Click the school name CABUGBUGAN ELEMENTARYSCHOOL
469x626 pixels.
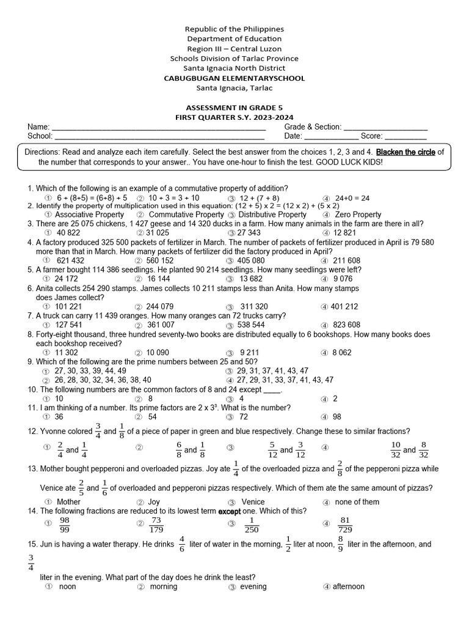(235, 78)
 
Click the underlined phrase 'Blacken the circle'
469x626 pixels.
(405, 152)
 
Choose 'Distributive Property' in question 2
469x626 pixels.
(272, 215)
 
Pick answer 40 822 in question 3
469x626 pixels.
(68, 233)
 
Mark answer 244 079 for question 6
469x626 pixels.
(160, 306)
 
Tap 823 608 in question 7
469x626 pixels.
(346, 325)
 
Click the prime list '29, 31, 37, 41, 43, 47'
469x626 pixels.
(272, 370)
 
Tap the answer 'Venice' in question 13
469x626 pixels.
(253, 502)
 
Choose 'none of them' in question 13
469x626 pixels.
(357, 502)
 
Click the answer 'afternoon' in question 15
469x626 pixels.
(348, 587)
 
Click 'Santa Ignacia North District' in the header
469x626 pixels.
(235, 68)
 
